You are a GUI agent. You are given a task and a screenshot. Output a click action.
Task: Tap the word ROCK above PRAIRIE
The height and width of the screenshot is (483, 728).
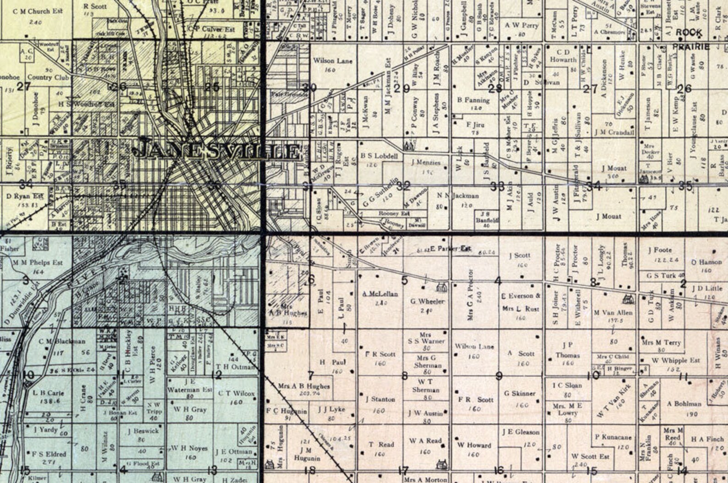(689, 33)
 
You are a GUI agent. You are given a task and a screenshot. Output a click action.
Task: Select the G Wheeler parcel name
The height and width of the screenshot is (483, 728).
(427, 302)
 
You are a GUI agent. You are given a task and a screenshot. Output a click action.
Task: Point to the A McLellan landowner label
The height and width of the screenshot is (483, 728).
(380, 294)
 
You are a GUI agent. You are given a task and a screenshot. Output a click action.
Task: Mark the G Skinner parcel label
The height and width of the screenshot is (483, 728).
(519, 393)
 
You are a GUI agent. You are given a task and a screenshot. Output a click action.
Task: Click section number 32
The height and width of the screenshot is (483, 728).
(403, 186)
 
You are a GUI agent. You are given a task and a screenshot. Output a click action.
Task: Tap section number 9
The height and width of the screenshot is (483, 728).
(499, 376)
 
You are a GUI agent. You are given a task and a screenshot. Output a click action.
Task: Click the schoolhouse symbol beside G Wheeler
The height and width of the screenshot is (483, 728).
(441, 287)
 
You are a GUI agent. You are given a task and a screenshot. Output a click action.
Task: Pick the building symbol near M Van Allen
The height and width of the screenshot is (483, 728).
(628, 300)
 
